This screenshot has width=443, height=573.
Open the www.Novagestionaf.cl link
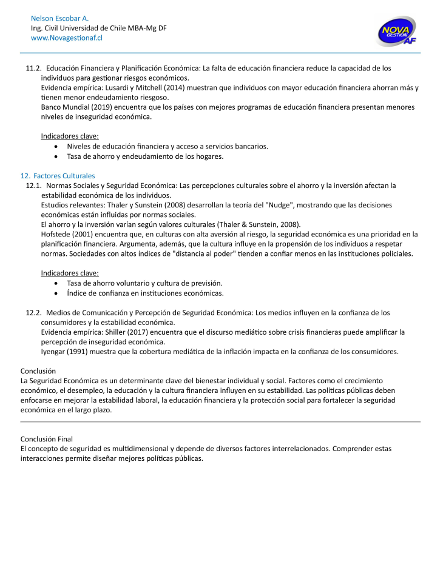pyautogui.click(x=67, y=38)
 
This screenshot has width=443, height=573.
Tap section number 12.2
pyautogui.click(x=33, y=312)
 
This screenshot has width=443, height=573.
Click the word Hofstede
pyautogui.click(x=56, y=234)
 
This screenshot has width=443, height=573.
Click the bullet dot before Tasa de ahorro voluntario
pyautogui.click(x=56, y=283)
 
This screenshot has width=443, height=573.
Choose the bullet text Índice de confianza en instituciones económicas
pyautogui.click(x=145, y=293)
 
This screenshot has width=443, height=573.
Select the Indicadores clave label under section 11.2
pyautogui.click(x=70, y=136)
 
